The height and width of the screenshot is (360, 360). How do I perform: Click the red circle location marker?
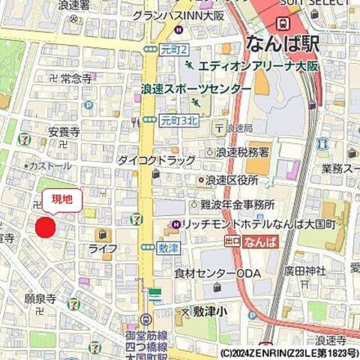(x=46, y=227)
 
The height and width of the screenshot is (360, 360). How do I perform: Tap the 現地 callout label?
(x=61, y=199)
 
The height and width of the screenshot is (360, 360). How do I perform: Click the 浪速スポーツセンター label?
(x=196, y=88)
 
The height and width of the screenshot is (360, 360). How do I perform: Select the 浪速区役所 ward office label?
(x=232, y=181)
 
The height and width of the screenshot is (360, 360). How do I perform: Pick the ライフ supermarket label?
(x=102, y=248)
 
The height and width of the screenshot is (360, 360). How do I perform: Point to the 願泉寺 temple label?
(x=40, y=298)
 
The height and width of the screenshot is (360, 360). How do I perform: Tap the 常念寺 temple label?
(x=76, y=77)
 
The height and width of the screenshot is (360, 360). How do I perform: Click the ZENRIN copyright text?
(x=289, y=352)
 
